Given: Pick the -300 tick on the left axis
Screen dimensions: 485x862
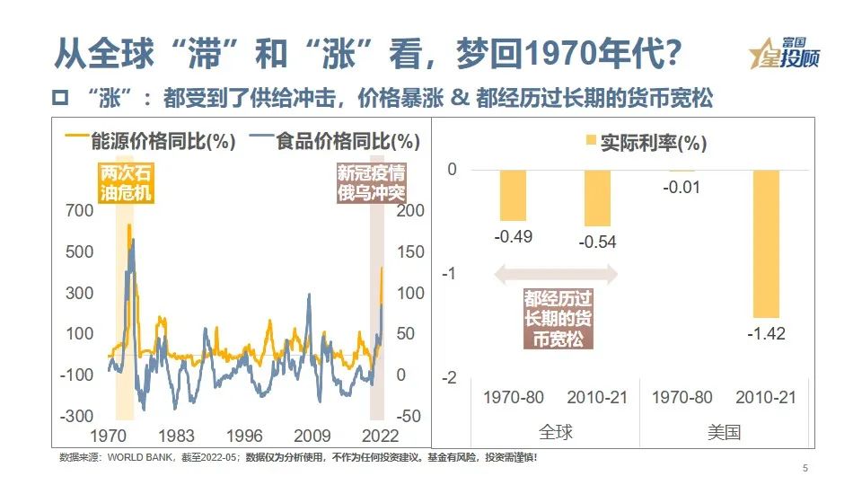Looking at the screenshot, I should point(78,416).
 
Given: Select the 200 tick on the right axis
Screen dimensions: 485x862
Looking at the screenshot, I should point(408,210).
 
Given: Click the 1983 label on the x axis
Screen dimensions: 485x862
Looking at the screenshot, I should point(176,436).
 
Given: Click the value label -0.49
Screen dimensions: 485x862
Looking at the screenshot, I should point(513,236).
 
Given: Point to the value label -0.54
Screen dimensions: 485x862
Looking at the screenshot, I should point(597,242).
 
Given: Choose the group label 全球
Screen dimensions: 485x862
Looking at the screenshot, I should point(555,432).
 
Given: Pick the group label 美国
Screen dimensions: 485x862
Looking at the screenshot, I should point(724,432).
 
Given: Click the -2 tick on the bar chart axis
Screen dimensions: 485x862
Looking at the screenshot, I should point(453,377).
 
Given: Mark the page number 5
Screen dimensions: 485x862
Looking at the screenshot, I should point(805,468).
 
